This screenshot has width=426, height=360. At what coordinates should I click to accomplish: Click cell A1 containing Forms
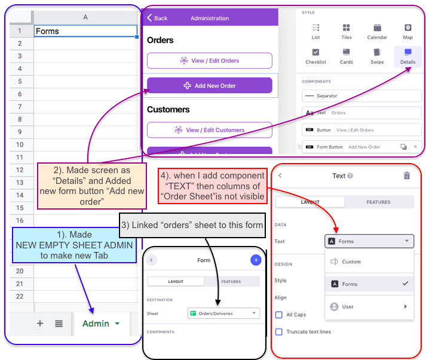point(85,31)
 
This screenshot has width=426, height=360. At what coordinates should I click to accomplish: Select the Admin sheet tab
point(101,324)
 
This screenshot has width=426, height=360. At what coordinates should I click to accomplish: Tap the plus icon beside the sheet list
point(40,324)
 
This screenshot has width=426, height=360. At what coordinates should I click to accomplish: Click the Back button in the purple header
point(157,18)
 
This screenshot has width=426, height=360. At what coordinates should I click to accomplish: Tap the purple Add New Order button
point(210,85)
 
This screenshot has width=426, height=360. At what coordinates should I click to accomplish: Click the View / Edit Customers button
point(210,130)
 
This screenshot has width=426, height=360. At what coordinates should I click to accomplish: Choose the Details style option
point(408,57)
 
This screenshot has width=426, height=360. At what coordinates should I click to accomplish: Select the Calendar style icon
point(377,27)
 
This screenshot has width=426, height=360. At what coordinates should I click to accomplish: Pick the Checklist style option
point(315,57)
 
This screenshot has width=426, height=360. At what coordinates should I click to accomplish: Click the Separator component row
point(361,96)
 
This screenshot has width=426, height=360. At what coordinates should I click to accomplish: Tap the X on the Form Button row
point(415,147)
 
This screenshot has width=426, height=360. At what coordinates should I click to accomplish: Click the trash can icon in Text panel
point(407,176)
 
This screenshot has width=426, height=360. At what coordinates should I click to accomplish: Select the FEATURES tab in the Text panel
point(378,202)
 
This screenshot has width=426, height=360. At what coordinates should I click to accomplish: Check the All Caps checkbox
point(279,315)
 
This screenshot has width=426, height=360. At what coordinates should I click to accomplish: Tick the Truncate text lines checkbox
point(279,332)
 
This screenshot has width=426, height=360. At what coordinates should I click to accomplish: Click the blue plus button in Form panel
point(256,260)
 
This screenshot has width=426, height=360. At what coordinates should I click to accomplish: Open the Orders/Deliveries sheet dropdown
point(223,313)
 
